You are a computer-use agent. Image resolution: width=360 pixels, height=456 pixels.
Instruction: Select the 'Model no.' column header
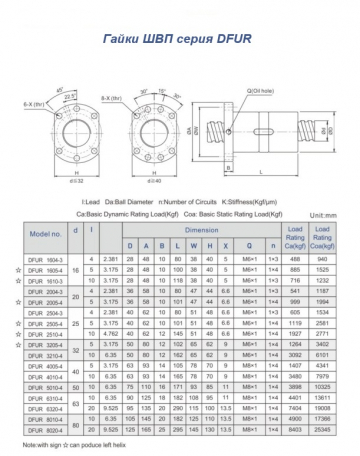click(45, 232)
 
